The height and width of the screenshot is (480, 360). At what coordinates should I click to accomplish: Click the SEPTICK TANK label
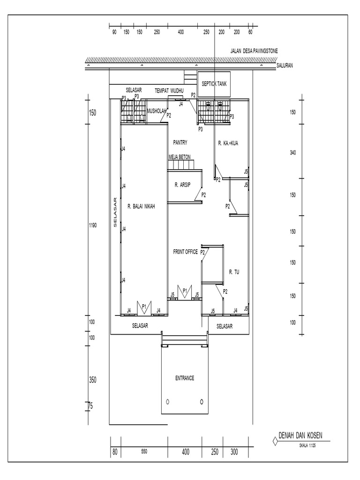point(214,84)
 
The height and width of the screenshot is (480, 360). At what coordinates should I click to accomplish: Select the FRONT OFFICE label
point(185,252)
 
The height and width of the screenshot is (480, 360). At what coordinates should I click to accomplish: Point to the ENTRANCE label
point(185,378)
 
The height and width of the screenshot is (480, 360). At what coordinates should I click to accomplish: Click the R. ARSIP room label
point(182,185)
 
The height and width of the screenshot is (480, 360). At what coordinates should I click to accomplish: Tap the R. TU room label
point(234,271)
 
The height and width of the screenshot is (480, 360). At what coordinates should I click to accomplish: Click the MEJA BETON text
point(180,158)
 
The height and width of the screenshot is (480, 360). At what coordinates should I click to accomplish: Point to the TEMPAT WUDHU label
point(169,90)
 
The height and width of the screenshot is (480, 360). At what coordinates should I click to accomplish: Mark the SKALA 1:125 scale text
point(307,447)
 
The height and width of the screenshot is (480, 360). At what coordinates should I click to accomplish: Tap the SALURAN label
point(285,66)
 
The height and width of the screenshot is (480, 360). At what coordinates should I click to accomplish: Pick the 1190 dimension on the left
point(92,225)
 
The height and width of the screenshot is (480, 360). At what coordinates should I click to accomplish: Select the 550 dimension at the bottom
point(144,452)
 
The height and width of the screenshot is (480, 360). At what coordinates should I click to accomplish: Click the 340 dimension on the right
point(292,153)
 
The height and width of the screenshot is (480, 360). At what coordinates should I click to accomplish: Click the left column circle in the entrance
point(167,402)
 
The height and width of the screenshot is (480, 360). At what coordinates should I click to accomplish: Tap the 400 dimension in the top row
point(180,32)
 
